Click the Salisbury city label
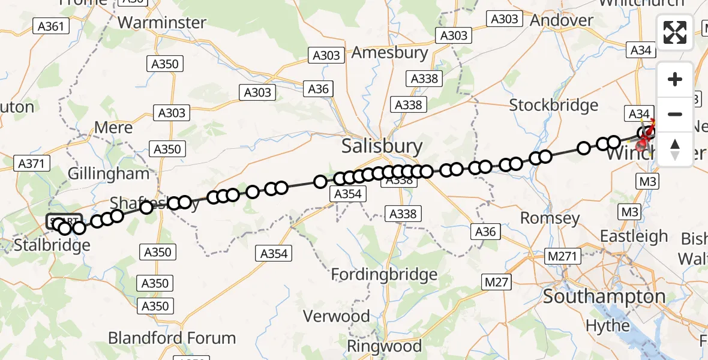(382, 146)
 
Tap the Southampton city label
(604, 296)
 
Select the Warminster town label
(162, 23)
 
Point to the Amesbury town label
(389, 53)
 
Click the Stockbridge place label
(553, 106)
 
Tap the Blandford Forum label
(172, 338)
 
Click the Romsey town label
(550, 218)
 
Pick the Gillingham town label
(108, 174)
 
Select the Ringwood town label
(384, 346)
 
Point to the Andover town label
(562, 20)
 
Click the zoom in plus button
(675, 79)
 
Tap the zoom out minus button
(675, 114)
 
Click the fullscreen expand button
(675, 32)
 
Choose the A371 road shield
(31, 163)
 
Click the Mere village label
(114, 128)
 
